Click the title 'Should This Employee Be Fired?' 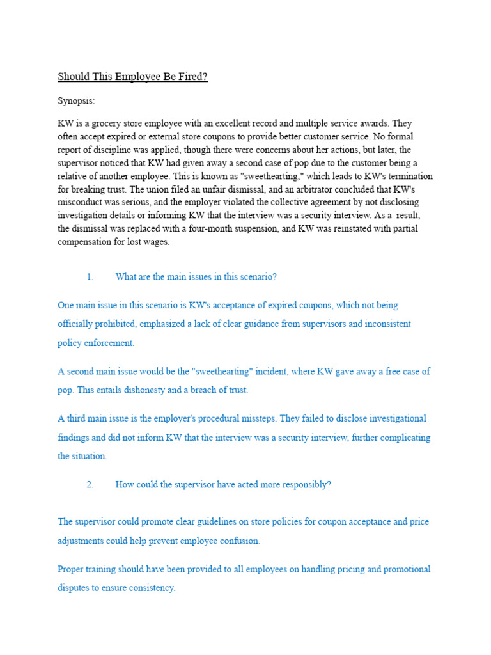[x=133, y=77]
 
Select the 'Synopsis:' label [x=76, y=101]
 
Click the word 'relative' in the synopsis [x=73, y=175]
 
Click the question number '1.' [x=90, y=277]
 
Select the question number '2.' [x=90, y=485]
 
